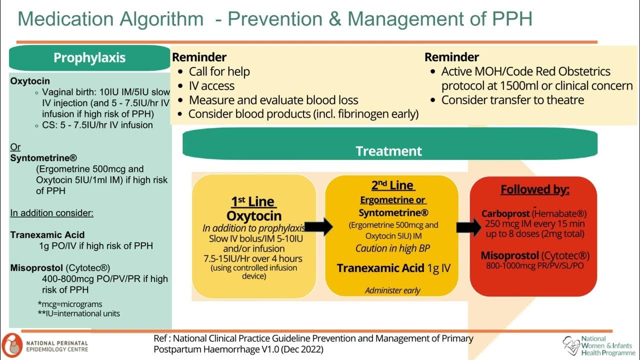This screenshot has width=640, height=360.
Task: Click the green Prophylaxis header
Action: [x=89, y=57]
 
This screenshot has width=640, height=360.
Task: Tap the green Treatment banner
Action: [x=389, y=150]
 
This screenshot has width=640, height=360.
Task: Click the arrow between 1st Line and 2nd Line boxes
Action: [x=319, y=226]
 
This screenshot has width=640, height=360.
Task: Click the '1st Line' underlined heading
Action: [x=253, y=201]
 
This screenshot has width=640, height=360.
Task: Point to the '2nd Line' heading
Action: [x=392, y=185]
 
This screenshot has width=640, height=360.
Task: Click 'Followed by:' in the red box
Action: [x=535, y=189]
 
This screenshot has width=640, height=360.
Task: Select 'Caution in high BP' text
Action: [x=392, y=248]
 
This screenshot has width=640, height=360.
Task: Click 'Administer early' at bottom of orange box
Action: [x=392, y=290]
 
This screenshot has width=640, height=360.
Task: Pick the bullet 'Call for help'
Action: [x=219, y=71]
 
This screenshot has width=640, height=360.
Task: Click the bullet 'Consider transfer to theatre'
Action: [x=512, y=99]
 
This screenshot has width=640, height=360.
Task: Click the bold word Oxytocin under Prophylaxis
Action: [x=30, y=80]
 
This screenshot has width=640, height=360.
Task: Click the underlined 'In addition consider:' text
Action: [x=52, y=213]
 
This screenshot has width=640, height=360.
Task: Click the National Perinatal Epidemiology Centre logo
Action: [x=45, y=345]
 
